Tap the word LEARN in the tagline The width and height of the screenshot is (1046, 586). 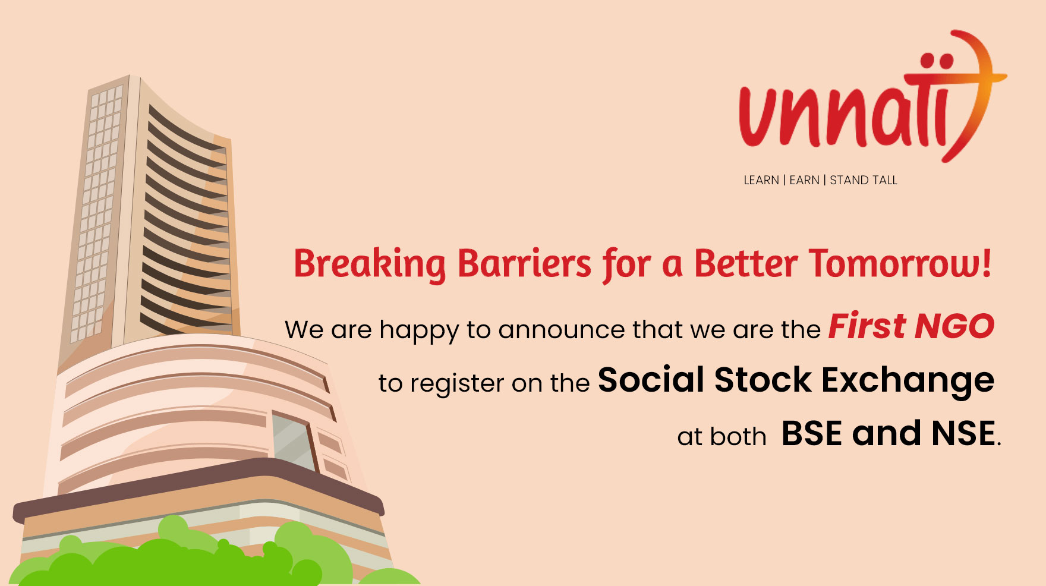point(761,180)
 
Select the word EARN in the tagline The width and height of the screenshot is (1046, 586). point(804,180)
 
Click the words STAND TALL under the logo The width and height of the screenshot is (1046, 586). point(864,180)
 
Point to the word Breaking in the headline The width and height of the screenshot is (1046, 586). point(369,264)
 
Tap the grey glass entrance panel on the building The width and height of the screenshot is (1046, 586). point(292,442)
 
